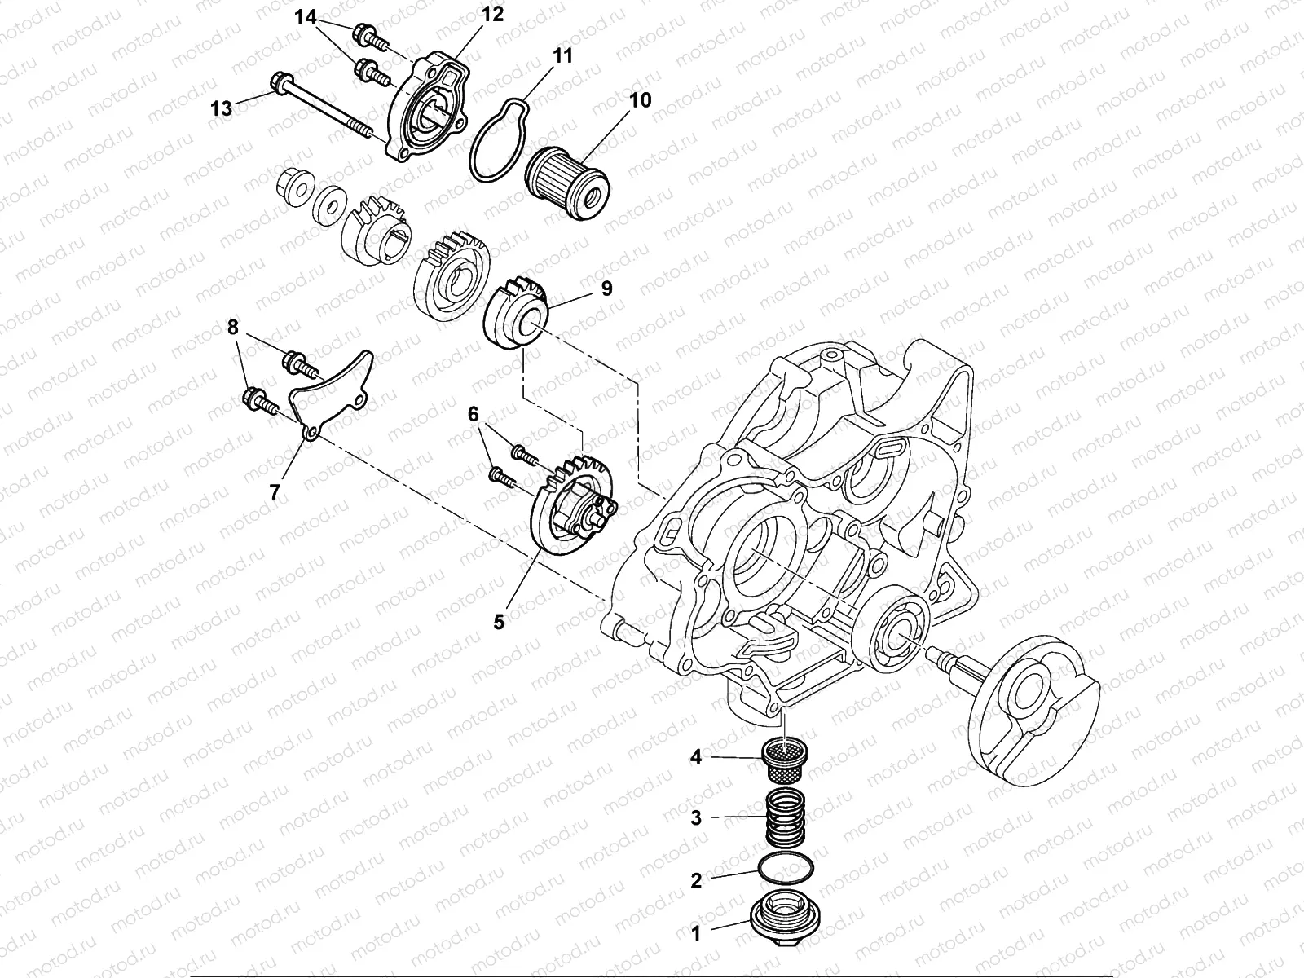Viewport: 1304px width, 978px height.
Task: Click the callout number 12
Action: point(492,15)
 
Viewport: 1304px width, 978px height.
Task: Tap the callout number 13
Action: point(221,108)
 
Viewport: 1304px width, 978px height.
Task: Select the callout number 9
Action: point(606,289)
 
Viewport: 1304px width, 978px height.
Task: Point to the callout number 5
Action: point(499,622)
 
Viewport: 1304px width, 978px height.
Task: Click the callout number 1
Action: point(696,934)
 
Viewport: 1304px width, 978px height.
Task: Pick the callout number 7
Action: point(275,491)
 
